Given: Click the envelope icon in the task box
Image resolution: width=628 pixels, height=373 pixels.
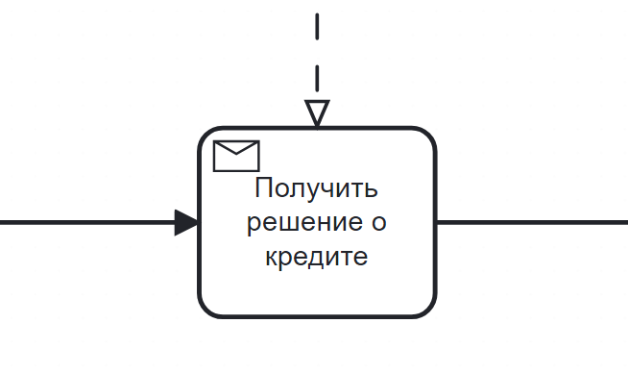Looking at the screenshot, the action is tap(236, 156).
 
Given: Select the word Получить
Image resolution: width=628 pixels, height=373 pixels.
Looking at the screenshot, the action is tap(317, 187).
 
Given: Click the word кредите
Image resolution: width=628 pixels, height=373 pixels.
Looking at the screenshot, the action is tap(317, 257).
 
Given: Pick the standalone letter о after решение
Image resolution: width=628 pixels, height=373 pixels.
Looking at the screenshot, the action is tap(378, 223).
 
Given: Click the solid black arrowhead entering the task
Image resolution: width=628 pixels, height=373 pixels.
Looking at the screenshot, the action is tap(186, 223).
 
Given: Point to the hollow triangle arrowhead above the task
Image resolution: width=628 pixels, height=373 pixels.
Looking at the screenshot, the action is tap(317, 113).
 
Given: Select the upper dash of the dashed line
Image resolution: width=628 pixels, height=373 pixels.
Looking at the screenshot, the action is tap(317, 27).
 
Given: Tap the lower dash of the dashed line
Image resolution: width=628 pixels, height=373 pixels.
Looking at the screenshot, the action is tap(317, 78).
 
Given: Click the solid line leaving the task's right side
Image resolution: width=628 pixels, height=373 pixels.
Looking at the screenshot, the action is tap(532, 222).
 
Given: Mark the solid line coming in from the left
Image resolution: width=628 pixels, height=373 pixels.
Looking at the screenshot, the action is tap(87, 223).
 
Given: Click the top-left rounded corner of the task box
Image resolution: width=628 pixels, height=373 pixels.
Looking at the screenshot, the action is tap(205, 135).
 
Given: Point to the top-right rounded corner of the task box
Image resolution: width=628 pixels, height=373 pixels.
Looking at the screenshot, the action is tap(428, 135).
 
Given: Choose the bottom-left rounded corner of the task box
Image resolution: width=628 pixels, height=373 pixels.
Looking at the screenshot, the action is tap(205, 311).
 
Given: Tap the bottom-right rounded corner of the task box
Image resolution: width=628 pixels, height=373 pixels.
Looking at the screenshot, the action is tap(428, 311).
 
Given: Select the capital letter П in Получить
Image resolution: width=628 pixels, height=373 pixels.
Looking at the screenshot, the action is tap(264, 187).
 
